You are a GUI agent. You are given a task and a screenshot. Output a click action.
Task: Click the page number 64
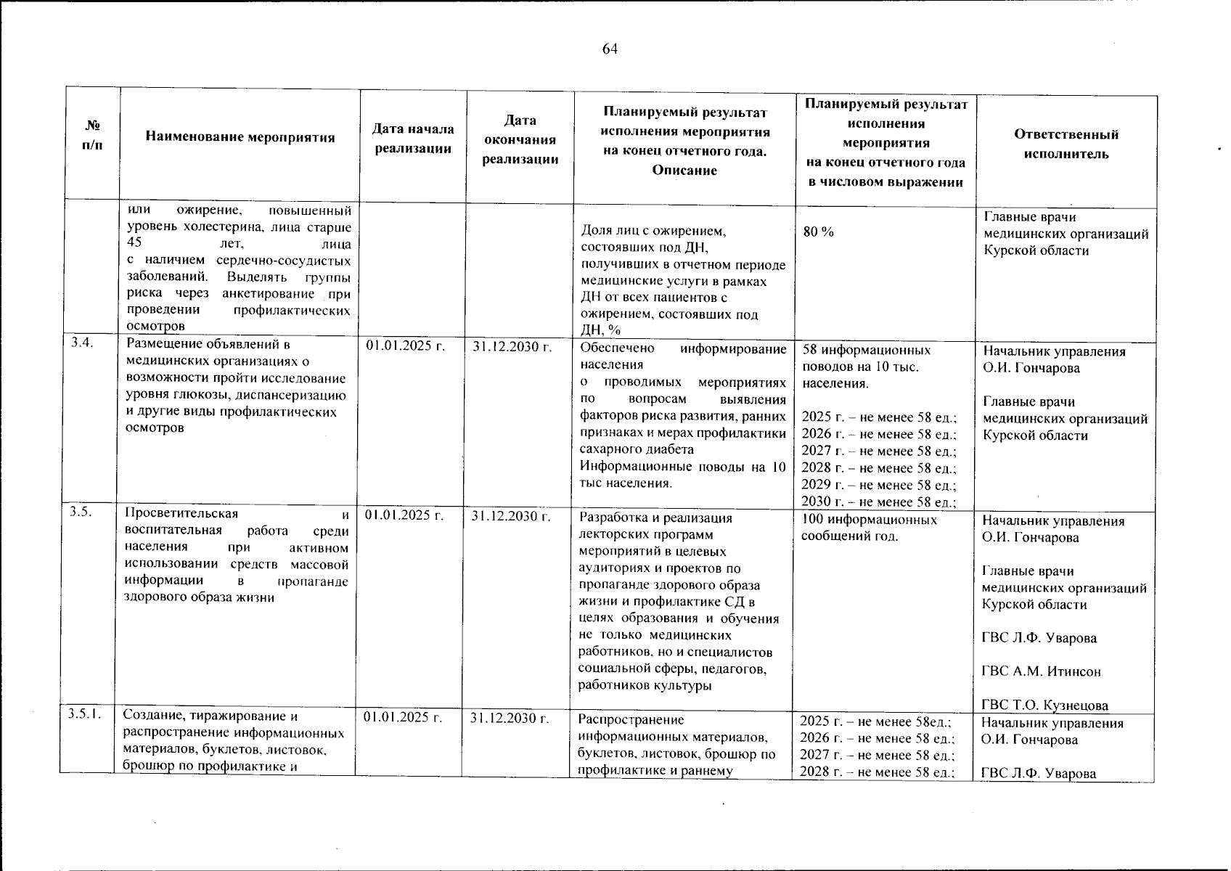pos(610,49)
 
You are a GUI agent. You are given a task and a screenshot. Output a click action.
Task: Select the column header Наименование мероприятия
pos(240,137)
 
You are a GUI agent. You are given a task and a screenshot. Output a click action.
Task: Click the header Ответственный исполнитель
pos(1066,144)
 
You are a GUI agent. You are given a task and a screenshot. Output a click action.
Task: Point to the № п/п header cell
pos(92,135)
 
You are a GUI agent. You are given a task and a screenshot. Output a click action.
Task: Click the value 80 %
pos(819,232)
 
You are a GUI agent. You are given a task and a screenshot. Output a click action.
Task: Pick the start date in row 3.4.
pos(406,346)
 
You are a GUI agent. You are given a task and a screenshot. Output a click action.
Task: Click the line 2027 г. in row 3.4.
pos(878,451)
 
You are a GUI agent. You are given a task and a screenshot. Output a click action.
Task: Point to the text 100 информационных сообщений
pos(869,528)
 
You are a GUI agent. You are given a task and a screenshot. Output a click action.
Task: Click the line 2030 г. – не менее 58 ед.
pos(878,502)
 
